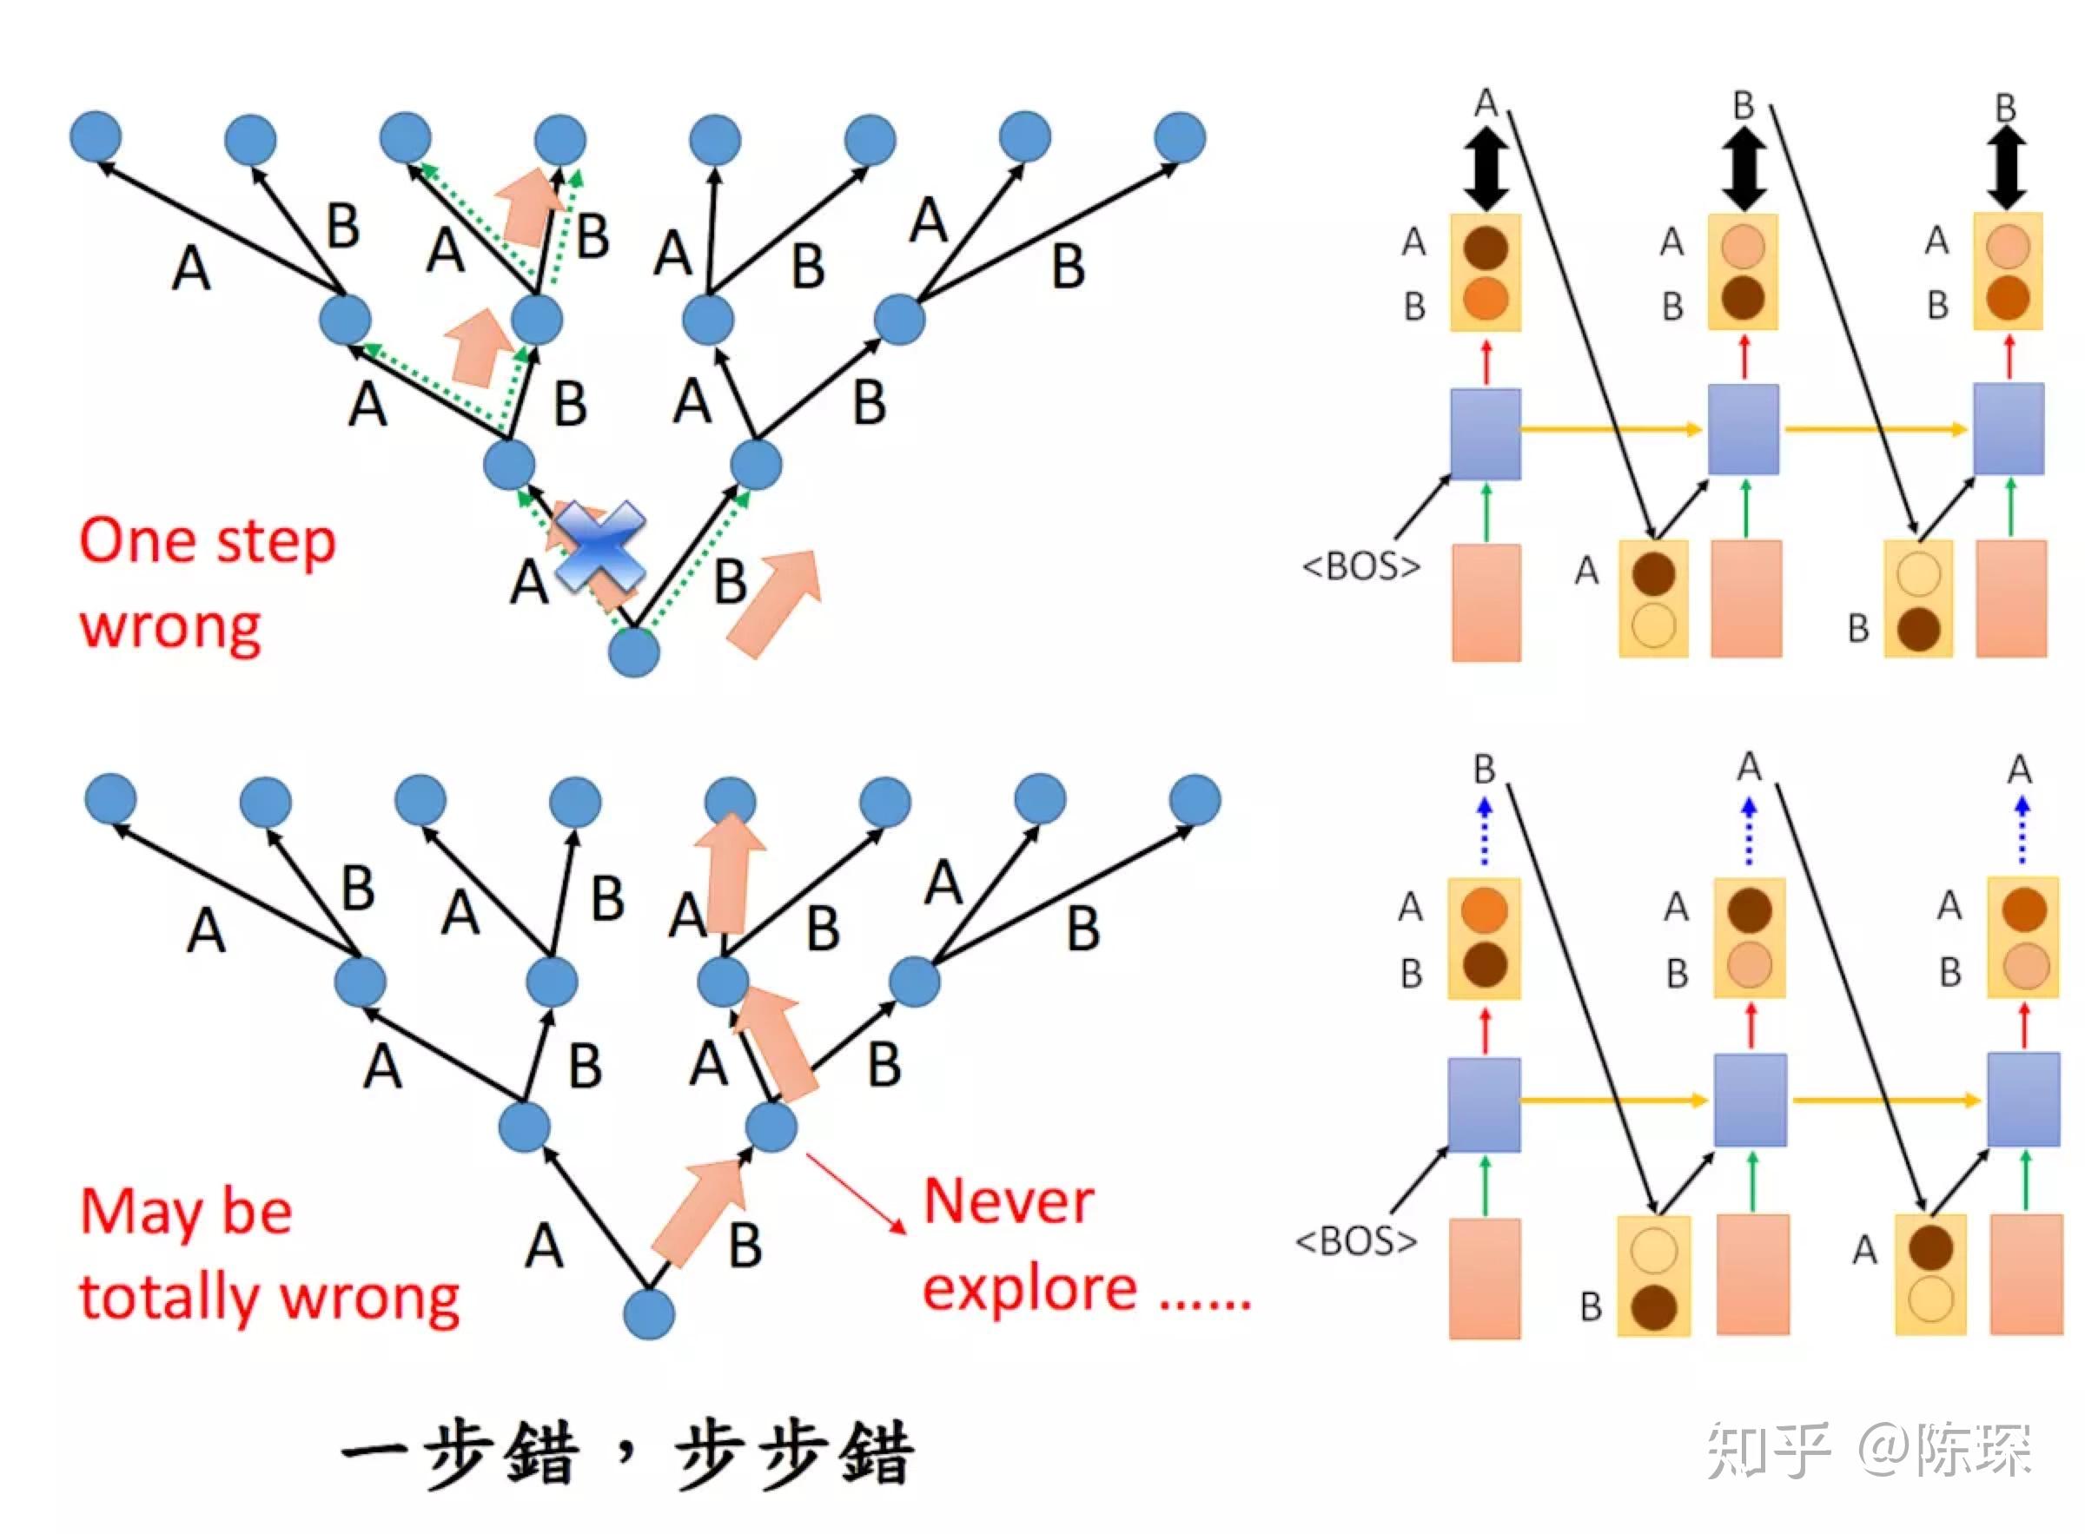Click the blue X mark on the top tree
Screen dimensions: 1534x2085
pos(600,547)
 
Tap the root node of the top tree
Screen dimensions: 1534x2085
pos(633,651)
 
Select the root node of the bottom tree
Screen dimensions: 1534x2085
pos(648,1313)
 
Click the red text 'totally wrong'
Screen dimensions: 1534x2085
pos(269,1297)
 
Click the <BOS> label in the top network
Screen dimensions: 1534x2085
pos(1360,565)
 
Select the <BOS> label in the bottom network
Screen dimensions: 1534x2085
pos(1356,1240)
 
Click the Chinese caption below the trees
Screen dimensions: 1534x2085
pos(628,1453)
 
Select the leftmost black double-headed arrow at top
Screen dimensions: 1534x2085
pos(1486,168)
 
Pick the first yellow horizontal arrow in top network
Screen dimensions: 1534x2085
pos(1611,429)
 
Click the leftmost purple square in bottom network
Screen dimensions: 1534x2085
pos(1484,1104)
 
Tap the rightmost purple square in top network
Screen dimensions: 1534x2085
pos(2008,429)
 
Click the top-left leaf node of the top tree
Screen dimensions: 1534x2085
pos(96,136)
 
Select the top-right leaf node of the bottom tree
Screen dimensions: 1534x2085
pos(1195,799)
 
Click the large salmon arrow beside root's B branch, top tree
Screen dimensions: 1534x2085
pos(775,604)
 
